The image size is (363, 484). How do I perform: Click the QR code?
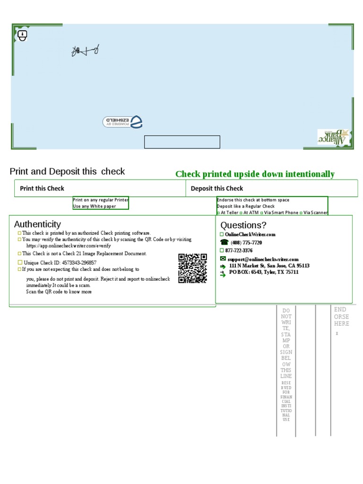point(192,268)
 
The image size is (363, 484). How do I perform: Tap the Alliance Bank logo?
point(333,137)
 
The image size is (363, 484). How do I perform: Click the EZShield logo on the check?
point(122,121)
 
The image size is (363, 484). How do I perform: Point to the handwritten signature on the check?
point(85,51)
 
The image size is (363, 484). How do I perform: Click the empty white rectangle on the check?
point(182,142)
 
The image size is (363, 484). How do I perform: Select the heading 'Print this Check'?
point(42,188)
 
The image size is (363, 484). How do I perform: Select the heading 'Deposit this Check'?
point(217,188)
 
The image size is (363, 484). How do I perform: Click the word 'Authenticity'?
point(37,224)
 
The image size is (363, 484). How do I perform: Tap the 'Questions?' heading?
point(243,225)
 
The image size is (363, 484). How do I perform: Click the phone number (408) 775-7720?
point(246,242)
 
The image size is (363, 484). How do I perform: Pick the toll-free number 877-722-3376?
point(239,251)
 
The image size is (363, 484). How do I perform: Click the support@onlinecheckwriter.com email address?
point(263,259)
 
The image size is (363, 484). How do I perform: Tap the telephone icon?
point(224,242)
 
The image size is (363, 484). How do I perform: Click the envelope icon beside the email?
point(223,259)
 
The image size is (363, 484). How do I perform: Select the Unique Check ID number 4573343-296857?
point(79,262)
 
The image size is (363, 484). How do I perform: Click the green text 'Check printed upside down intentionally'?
point(255,174)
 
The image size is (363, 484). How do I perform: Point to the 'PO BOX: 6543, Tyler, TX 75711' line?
point(264,272)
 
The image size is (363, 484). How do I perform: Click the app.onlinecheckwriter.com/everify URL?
point(69,246)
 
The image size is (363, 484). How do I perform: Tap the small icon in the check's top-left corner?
point(22,35)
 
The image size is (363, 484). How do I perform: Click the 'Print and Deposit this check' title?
point(67,172)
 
